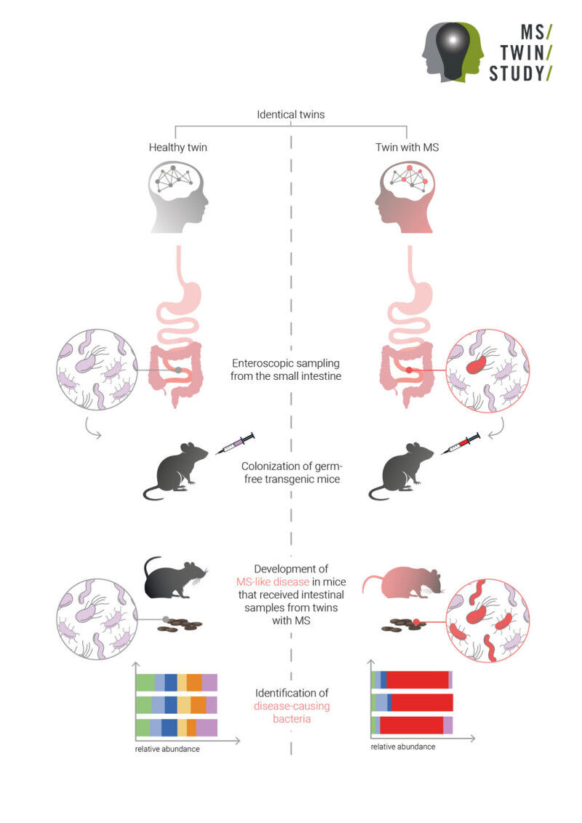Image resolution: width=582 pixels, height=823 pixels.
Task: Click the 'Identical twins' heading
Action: click(x=291, y=115)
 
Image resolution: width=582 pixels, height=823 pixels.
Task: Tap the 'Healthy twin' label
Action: click(x=178, y=147)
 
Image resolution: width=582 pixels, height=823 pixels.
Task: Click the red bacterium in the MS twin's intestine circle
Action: click(x=479, y=363)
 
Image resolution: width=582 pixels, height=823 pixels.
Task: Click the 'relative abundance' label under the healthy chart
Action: click(x=167, y=750)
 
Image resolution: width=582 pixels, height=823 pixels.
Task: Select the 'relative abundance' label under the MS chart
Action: click(x=402, y=747)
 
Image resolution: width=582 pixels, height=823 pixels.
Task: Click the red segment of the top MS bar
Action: click(x=417, y=680)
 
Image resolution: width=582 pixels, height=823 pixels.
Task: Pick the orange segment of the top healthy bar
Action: click(x=194, y=683)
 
